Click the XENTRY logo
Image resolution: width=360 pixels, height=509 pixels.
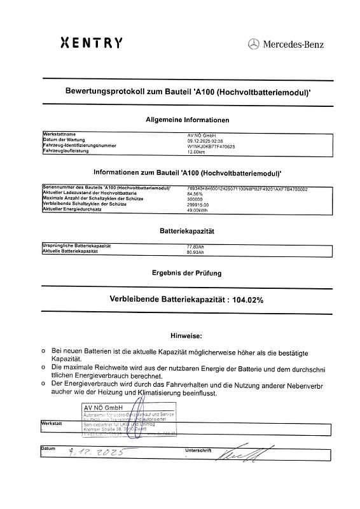point(91,43)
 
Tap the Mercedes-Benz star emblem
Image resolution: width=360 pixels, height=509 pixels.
point(253,44)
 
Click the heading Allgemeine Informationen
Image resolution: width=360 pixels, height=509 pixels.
point(187,120)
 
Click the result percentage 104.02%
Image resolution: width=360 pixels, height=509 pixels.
point(247,299)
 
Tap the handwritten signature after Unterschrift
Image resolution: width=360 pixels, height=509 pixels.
point(237,453)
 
